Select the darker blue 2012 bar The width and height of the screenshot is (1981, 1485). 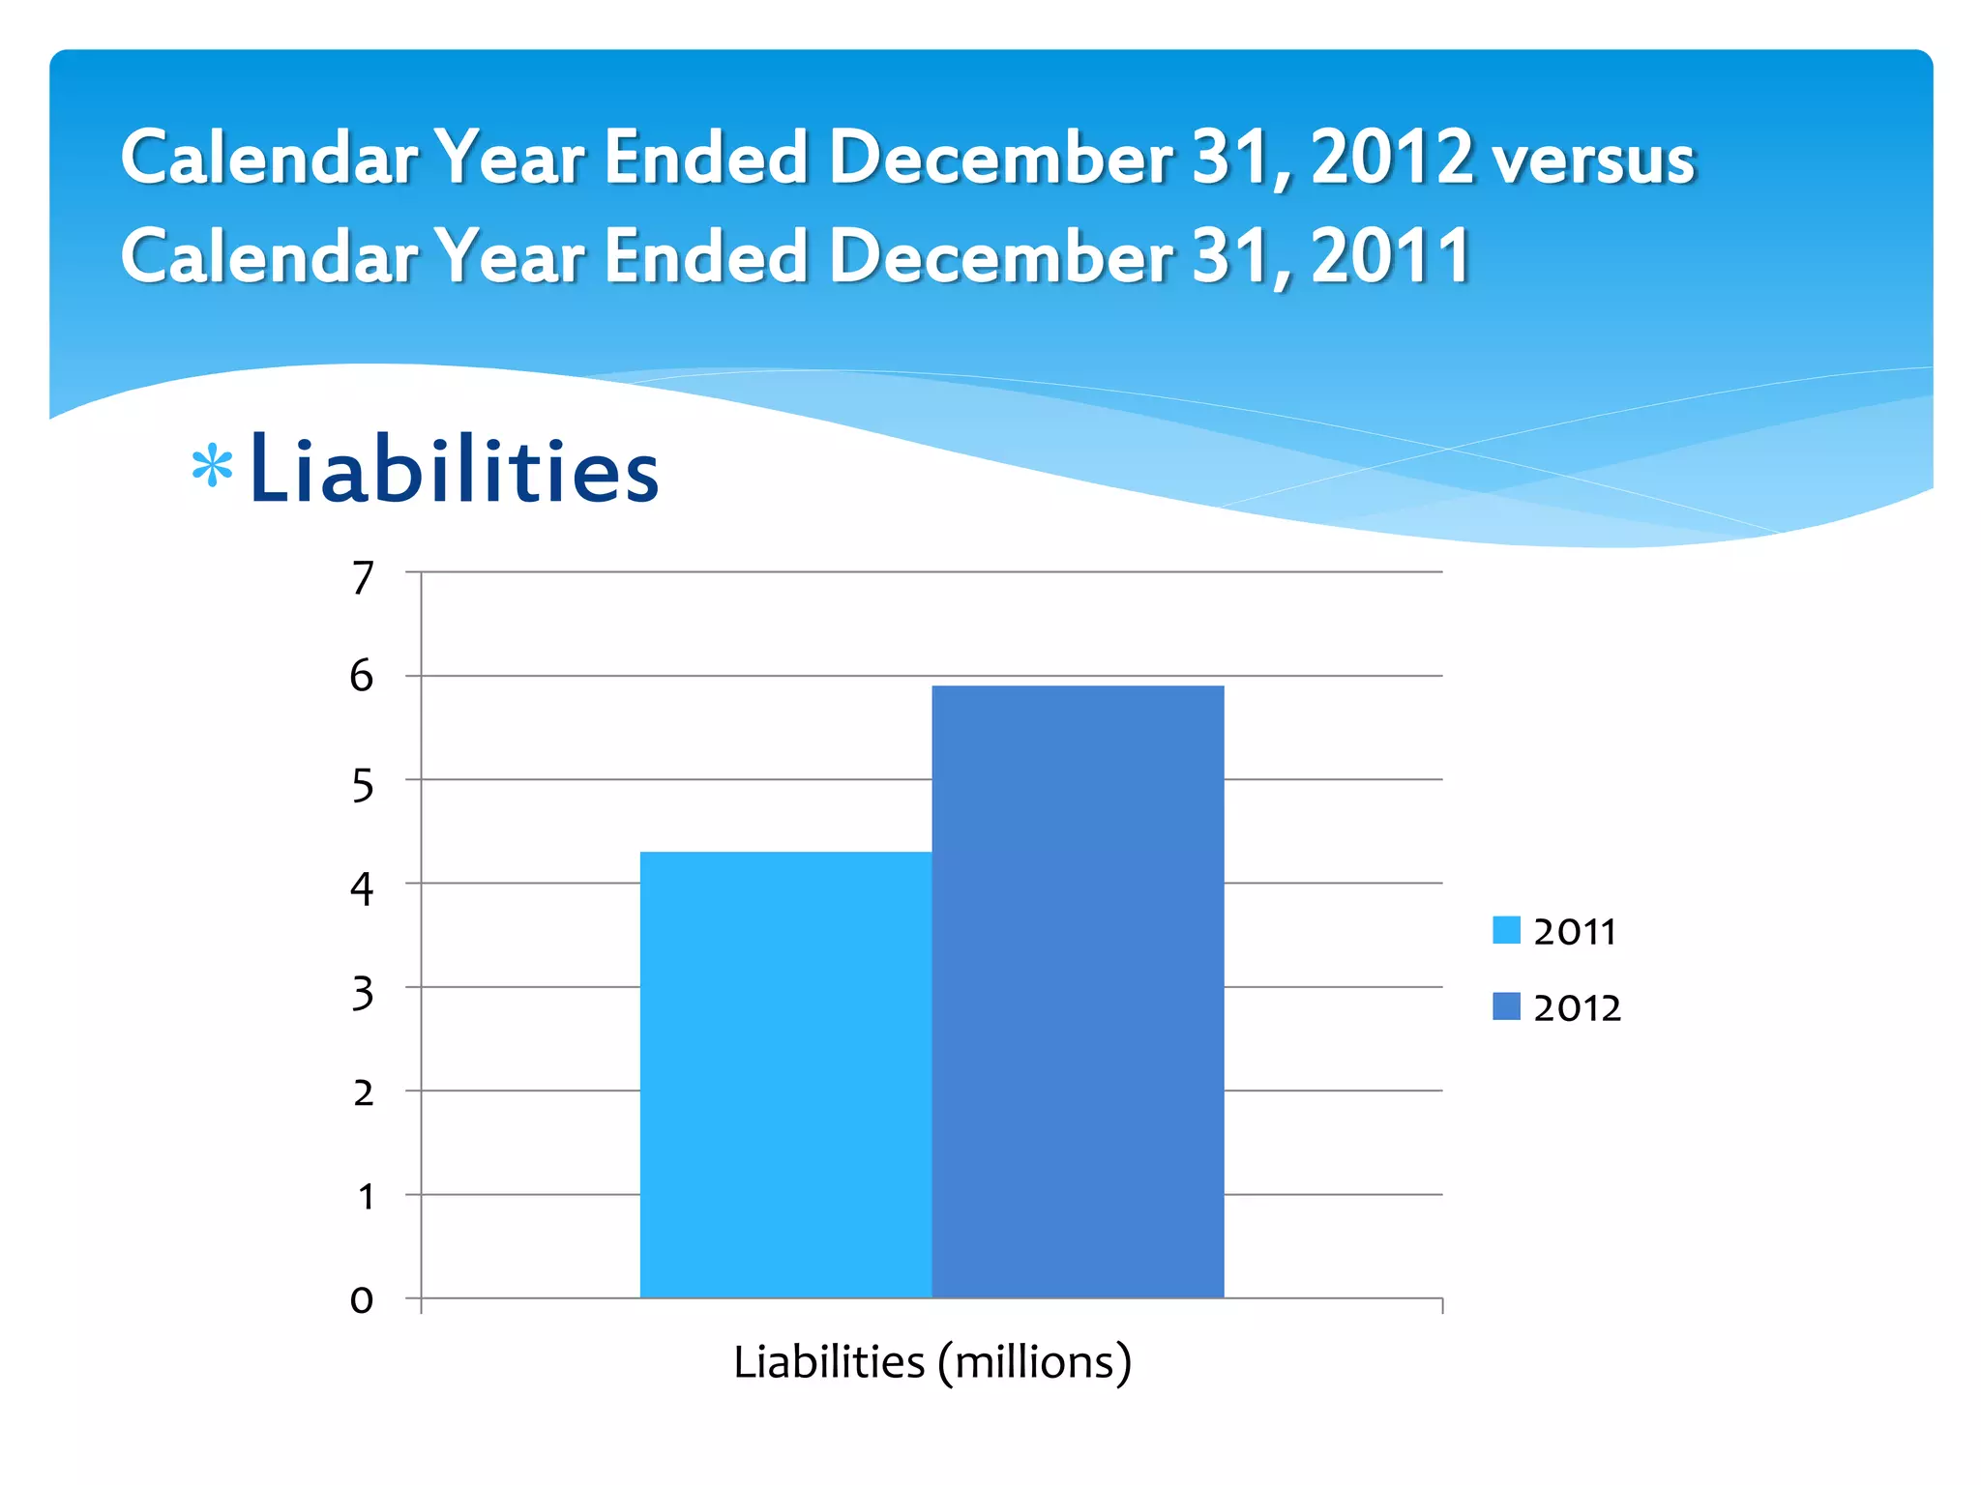(1078, 991)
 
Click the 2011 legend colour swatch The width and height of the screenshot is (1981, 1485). (1506, 930)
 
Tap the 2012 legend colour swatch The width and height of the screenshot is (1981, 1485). (1506, 1006)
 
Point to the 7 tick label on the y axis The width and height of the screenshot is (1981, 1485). (363, 578)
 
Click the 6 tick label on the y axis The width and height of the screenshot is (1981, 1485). (362, 676)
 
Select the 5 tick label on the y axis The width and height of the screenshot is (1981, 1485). (362, 786)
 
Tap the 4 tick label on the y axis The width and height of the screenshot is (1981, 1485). (362, 888)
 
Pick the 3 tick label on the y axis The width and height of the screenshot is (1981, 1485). (362, 993)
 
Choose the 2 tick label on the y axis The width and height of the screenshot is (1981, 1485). (363, 1093)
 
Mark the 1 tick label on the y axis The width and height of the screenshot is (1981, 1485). (366, 1197)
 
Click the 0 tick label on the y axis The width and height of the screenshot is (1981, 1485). (362, 1300)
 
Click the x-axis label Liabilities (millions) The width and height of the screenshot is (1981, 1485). (931, 1362)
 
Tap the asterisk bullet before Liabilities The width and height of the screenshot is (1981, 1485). (212, 467)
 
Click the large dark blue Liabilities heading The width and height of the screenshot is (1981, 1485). (454, 471)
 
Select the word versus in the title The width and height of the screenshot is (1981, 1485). (1593, 160)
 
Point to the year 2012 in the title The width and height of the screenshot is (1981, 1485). (1392, 157)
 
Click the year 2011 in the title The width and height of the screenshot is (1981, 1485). (1390, 256)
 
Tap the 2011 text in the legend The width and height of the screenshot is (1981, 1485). (1575, 932)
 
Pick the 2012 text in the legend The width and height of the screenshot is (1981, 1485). (1577, 1008)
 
